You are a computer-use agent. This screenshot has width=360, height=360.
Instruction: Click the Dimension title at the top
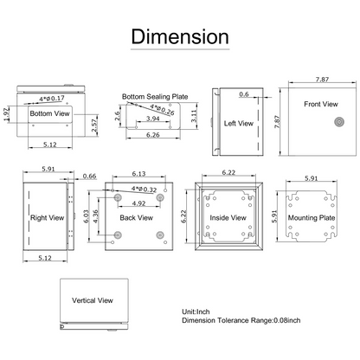click(x=180, y=36)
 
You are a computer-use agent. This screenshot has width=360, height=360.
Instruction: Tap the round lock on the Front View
click(x=339, y=122)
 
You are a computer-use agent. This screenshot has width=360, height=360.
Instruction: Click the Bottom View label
click(x=49, y=113)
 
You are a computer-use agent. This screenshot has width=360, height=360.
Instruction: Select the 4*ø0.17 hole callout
click(x=52, y=99)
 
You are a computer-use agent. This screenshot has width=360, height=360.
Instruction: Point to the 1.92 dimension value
click(x=7, y=114)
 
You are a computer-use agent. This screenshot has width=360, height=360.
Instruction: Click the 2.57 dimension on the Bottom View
click(x=94, y=125)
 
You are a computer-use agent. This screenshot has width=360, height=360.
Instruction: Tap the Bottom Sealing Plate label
click(x=155, y=97)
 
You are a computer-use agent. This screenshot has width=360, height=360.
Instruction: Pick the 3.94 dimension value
click(x=153, y=119)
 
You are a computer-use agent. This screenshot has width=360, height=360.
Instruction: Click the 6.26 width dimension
click(x=153, y=135)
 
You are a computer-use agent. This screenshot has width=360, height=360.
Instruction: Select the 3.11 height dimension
click(x=194, y=116)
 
